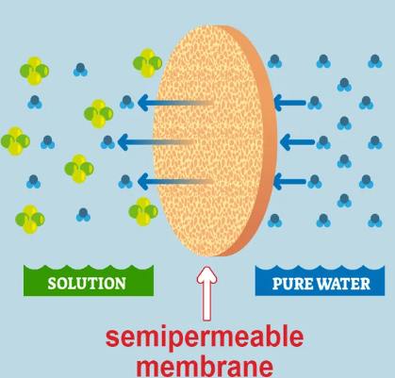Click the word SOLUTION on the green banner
coord(86,282)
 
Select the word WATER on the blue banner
coord(343,282)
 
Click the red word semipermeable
coord(198,337)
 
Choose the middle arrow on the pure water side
coord(294,142)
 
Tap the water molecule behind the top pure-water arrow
coord(323,102)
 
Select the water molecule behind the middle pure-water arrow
coord(323,142)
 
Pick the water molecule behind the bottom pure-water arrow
coord(323,182)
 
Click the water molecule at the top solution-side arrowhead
coord(127,102)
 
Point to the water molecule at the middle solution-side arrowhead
coord(108,142)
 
